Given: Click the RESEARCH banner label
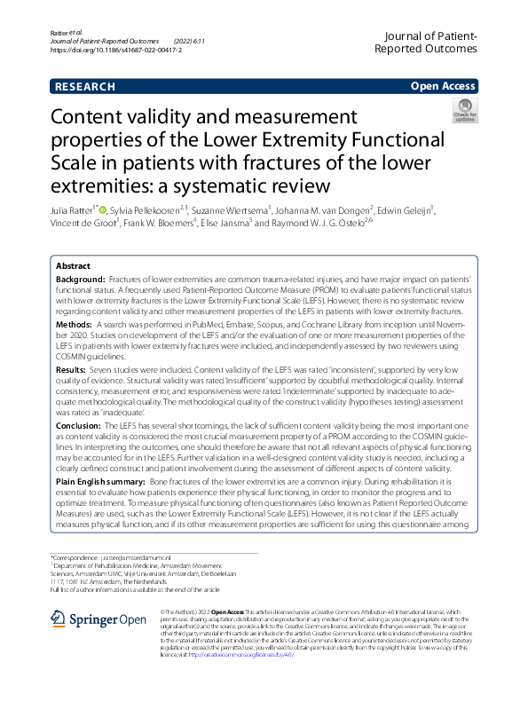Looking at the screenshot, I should point(85,87).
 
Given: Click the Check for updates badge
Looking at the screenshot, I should point(465,111).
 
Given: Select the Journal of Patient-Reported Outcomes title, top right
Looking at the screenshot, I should point(427,42).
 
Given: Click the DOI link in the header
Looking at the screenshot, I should point(116,51).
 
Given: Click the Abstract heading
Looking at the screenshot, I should point(73,266).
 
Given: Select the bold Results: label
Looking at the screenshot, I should point(74,368).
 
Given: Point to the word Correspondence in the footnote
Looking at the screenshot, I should point(74,557).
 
